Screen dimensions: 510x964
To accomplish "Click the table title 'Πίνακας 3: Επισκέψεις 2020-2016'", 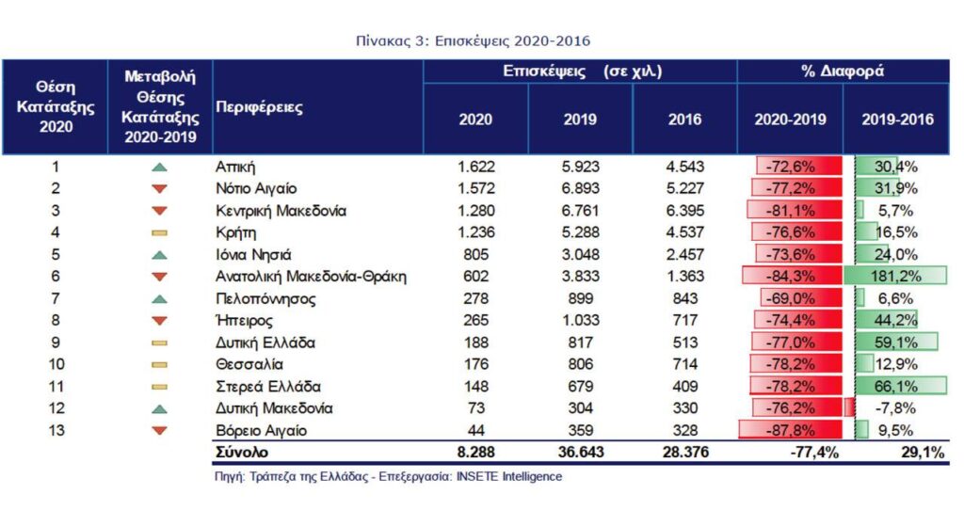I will (x=474, y=41).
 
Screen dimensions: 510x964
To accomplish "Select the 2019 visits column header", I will (x=580, y=120).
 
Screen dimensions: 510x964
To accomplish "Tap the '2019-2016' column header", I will (x=896, y=120).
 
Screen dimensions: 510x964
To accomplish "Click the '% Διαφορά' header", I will (x=843, y=72).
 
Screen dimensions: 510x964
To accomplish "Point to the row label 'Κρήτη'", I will (x=236, y=232).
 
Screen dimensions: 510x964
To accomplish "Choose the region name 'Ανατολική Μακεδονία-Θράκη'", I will (x=311, y=277).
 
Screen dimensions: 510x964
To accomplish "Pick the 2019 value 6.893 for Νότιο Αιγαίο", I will (x=580, y=188).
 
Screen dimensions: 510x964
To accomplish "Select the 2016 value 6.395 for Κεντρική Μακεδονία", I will (x=684, y=211).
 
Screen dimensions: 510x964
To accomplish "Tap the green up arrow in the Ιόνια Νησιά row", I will (x=159, y=254).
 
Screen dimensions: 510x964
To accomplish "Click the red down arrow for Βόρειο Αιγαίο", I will (x=159, y=431).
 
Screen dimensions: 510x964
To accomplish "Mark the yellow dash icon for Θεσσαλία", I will (x=159, y=364).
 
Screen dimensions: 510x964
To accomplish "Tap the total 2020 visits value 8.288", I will (x=474, y=454).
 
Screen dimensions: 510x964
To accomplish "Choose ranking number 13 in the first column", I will (x=56, y=431).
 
